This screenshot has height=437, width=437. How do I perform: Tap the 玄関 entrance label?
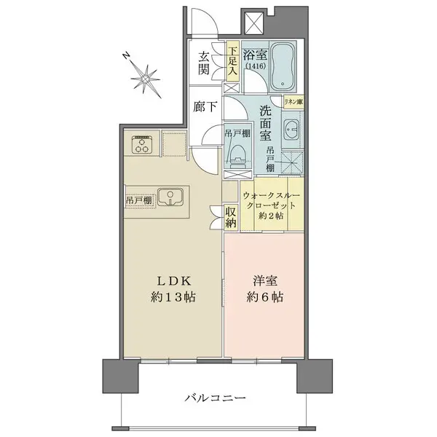[x=204, y=63]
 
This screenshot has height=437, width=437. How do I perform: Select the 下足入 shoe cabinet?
[x=232, y=63]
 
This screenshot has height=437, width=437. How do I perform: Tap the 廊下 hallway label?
[x=204, y=106]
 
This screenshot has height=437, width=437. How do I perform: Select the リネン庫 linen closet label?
[x=294, y=102]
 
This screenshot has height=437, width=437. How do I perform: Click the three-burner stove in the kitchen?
[x=141, y=145]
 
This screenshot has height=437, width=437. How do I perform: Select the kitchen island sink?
[x=171, y=196]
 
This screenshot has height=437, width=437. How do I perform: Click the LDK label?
[x=172, y=281]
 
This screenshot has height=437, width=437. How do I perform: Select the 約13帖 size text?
[x=173, y=298]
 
